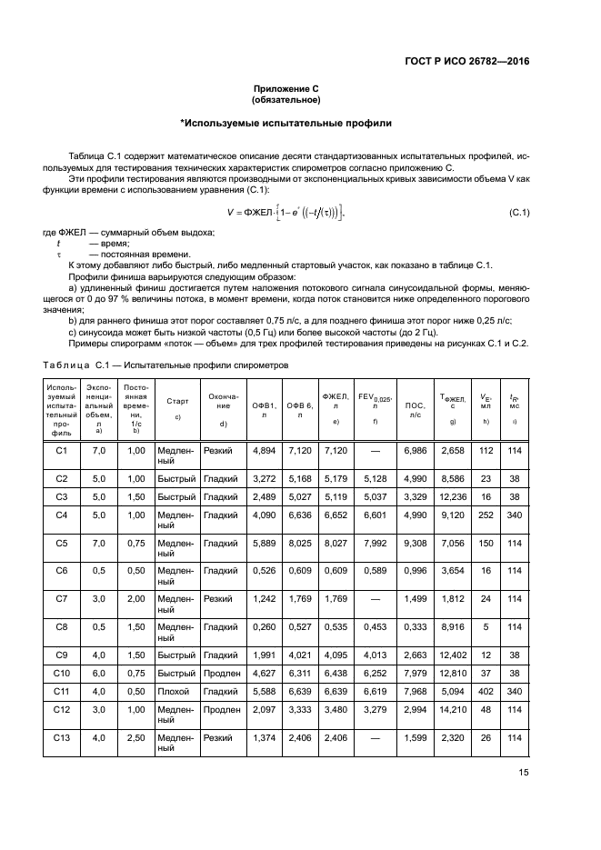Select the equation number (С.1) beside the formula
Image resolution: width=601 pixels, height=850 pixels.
pos(519,213)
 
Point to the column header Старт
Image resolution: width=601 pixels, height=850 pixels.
pos(176,399)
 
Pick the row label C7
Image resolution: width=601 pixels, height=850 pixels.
pos(62,599)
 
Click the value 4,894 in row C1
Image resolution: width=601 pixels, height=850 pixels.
pos(263,450)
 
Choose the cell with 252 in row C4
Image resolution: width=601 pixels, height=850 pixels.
pos(485,515)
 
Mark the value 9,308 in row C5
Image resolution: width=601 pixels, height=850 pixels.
pos(415,543)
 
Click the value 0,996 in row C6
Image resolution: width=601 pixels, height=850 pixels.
pos(415,571)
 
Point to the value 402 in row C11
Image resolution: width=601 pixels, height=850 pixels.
pos(485,692)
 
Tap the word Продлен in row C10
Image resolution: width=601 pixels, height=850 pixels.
pos(223,674)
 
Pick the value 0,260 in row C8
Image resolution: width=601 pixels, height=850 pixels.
pos(263,626)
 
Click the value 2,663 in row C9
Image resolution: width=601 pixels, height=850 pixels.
pos(415,655)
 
